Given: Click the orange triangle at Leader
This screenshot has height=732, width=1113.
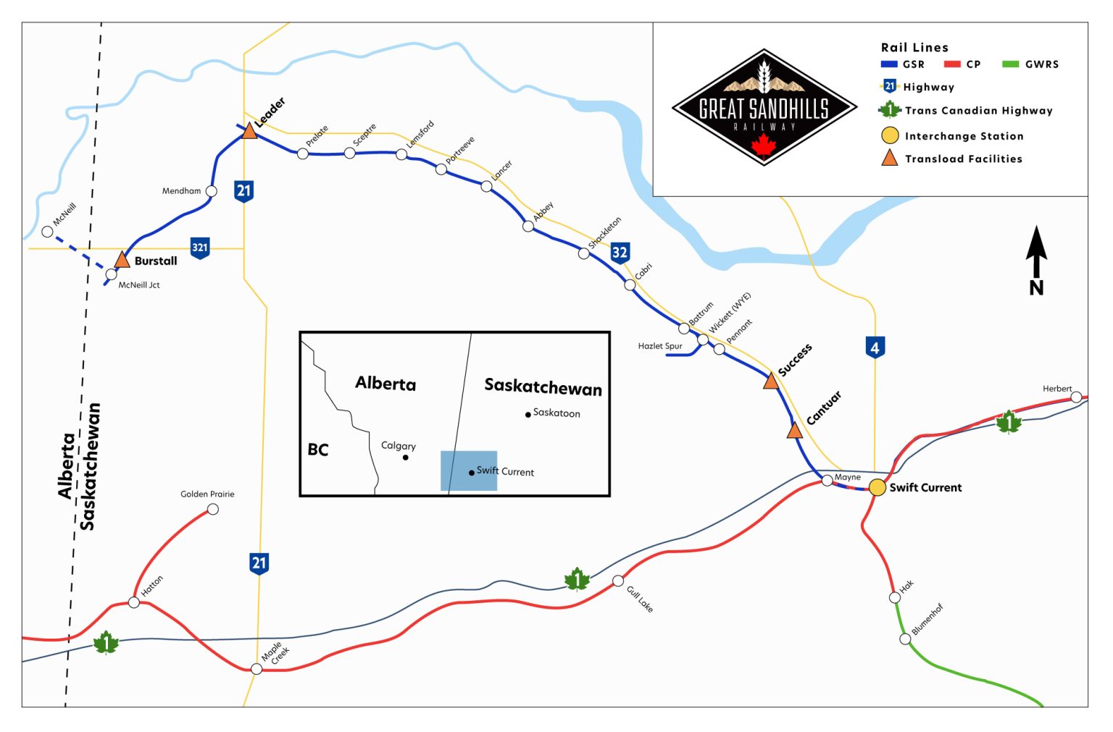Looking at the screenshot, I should click(249, 131).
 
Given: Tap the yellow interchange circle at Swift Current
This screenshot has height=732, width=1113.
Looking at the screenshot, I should click(878, 487).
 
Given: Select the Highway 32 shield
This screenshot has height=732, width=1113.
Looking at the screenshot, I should click(620, 252).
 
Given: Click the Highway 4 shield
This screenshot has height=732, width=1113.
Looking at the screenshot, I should click(875, 348).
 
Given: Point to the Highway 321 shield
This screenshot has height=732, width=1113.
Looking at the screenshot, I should click(199, 248).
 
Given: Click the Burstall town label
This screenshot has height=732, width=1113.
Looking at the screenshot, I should click(156, 261).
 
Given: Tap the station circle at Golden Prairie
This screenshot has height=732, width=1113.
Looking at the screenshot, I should click(213, 509).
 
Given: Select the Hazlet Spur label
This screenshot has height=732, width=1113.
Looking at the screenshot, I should click(659, 346).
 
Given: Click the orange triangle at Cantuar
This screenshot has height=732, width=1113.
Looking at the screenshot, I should click(794, 432).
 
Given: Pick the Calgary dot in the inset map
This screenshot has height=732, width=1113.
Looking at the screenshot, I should click(406, 458).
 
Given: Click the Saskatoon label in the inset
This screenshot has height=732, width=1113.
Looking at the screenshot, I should click(556, 413).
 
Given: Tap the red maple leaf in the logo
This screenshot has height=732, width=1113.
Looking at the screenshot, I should click(763, 145).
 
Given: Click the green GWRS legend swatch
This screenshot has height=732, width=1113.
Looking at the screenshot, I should click(1010, 64).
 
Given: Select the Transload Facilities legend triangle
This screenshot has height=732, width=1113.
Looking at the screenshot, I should click(889, 158).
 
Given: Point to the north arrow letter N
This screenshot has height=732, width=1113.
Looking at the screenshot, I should click(1036, 287).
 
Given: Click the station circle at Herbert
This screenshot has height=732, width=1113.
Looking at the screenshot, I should click(1076, 397).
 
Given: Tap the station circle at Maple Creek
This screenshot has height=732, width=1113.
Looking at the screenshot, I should click(257, 668).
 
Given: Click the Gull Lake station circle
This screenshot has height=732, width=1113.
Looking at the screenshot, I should click(618, 581).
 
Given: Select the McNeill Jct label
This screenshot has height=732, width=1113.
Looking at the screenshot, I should click(139, 285).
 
